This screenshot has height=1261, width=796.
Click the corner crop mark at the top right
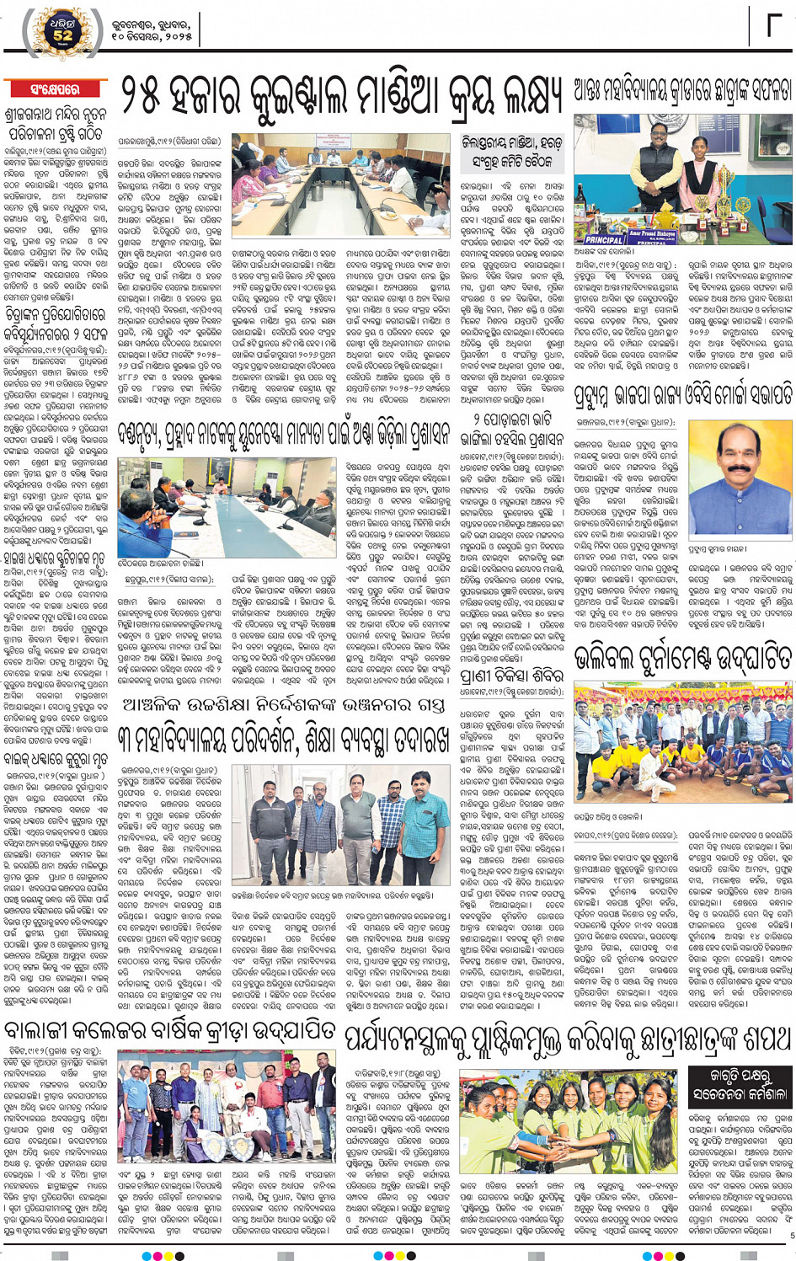click(x=773, y=25)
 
